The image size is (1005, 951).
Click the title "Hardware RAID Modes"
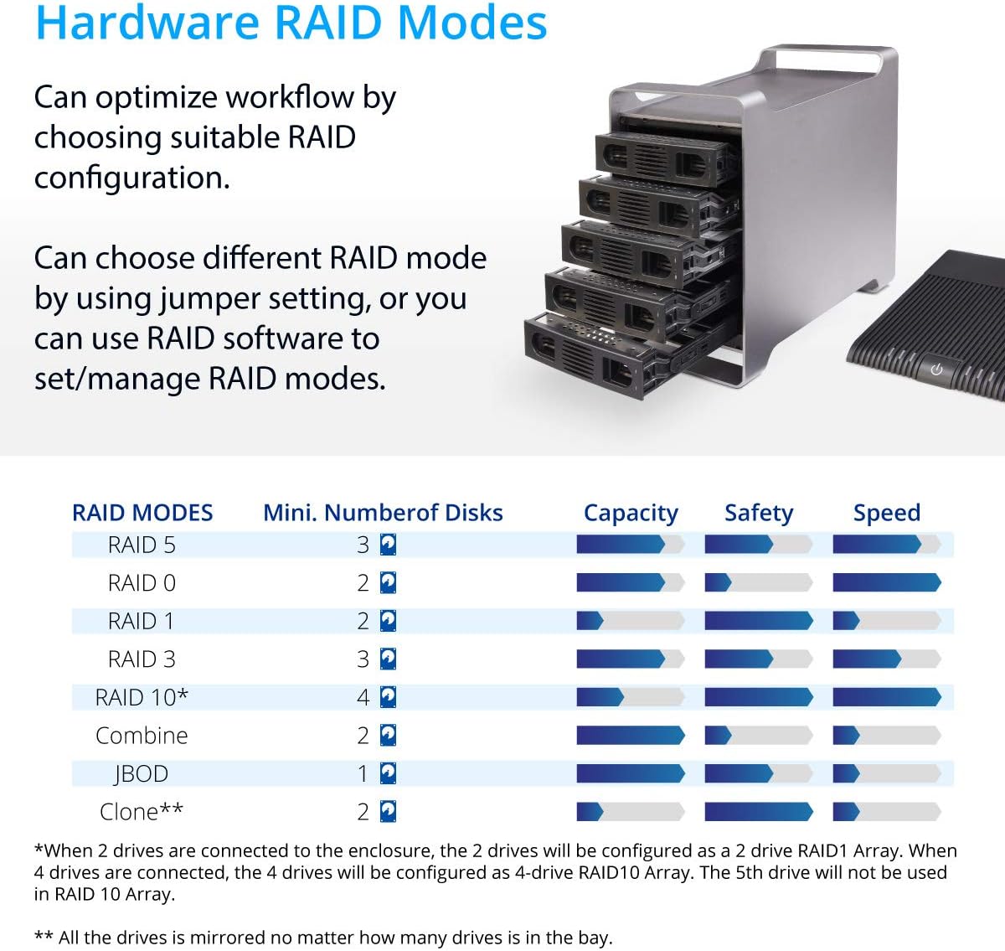[x=291, y=23]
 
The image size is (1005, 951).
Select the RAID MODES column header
[x=142, y=513]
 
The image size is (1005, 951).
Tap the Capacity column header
[x=631, y=513]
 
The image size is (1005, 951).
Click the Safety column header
[x=758, y=513]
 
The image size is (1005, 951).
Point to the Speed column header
[x=886, y=513]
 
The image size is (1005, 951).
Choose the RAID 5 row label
[x=142, y=545]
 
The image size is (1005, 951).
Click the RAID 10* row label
[x=142, y=697]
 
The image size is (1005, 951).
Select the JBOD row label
[x=142, y=773]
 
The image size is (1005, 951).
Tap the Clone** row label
[x=142, y=812]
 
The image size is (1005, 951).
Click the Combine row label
[x=142, y=736]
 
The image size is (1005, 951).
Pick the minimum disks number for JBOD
[x=363, y=773]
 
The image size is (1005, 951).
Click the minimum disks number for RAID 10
[x=363, y=697]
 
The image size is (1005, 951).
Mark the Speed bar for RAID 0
[x=886, y=582]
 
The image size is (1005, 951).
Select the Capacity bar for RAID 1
[x=630, y=621]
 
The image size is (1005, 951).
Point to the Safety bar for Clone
[x=758, y=812]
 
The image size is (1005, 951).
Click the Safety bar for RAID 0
[x=758, y=582]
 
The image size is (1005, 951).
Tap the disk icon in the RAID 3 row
[x=388, y=659]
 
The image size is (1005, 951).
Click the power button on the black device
[x=936, y=370]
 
